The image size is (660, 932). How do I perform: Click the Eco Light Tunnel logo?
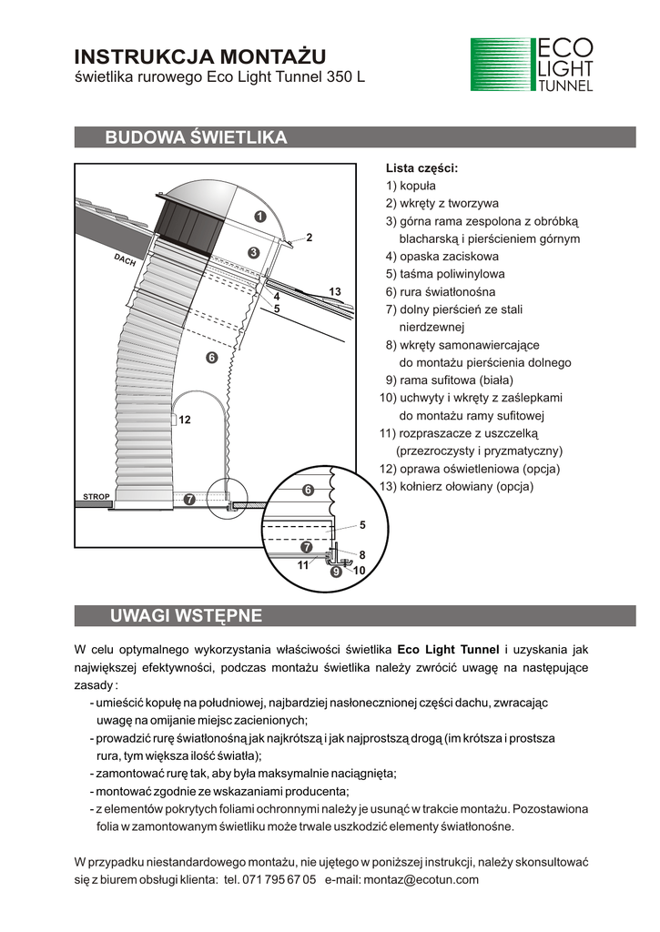click(x=533, y=65)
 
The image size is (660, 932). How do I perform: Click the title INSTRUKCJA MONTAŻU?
click(x=198, y=57)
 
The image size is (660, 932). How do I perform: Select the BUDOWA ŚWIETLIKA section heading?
click(x=197, y=138)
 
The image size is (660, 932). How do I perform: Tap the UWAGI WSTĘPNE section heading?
click(x=186, y=616)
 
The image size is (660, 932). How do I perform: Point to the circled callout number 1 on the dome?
click(x=259, y=217)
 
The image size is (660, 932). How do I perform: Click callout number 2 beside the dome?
click(x=310, y=238)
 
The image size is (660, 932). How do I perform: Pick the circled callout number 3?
click(x=254, y=252)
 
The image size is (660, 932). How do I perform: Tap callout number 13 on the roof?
click(x=335, y=291)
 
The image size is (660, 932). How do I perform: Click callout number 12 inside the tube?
click(x=185, y=420)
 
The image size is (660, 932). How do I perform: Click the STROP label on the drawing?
click(x=96, y=497)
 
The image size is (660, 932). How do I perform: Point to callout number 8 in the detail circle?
click(x=361, y=554)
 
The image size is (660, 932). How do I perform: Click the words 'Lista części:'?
click(x=421, y=168)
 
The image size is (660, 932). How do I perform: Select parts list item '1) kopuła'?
click(x=411, y=186)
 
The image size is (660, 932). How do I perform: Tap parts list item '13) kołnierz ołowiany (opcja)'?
click(x=456, y=487)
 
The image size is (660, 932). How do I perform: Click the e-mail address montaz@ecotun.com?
click(x=421, y=880)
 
